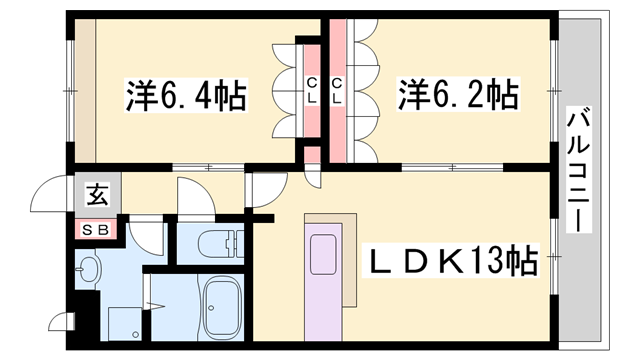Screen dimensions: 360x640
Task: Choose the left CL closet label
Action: [312, 90]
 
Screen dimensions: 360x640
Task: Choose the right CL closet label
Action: [337, 90]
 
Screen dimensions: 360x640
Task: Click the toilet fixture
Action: [220, 245]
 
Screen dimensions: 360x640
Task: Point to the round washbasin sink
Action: [90, 270]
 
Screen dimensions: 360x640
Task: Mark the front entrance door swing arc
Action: [50, 195]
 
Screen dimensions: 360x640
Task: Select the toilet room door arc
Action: [192, 195]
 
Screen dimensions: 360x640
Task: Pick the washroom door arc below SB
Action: [145, 237]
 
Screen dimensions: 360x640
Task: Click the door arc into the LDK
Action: [265, 190]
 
